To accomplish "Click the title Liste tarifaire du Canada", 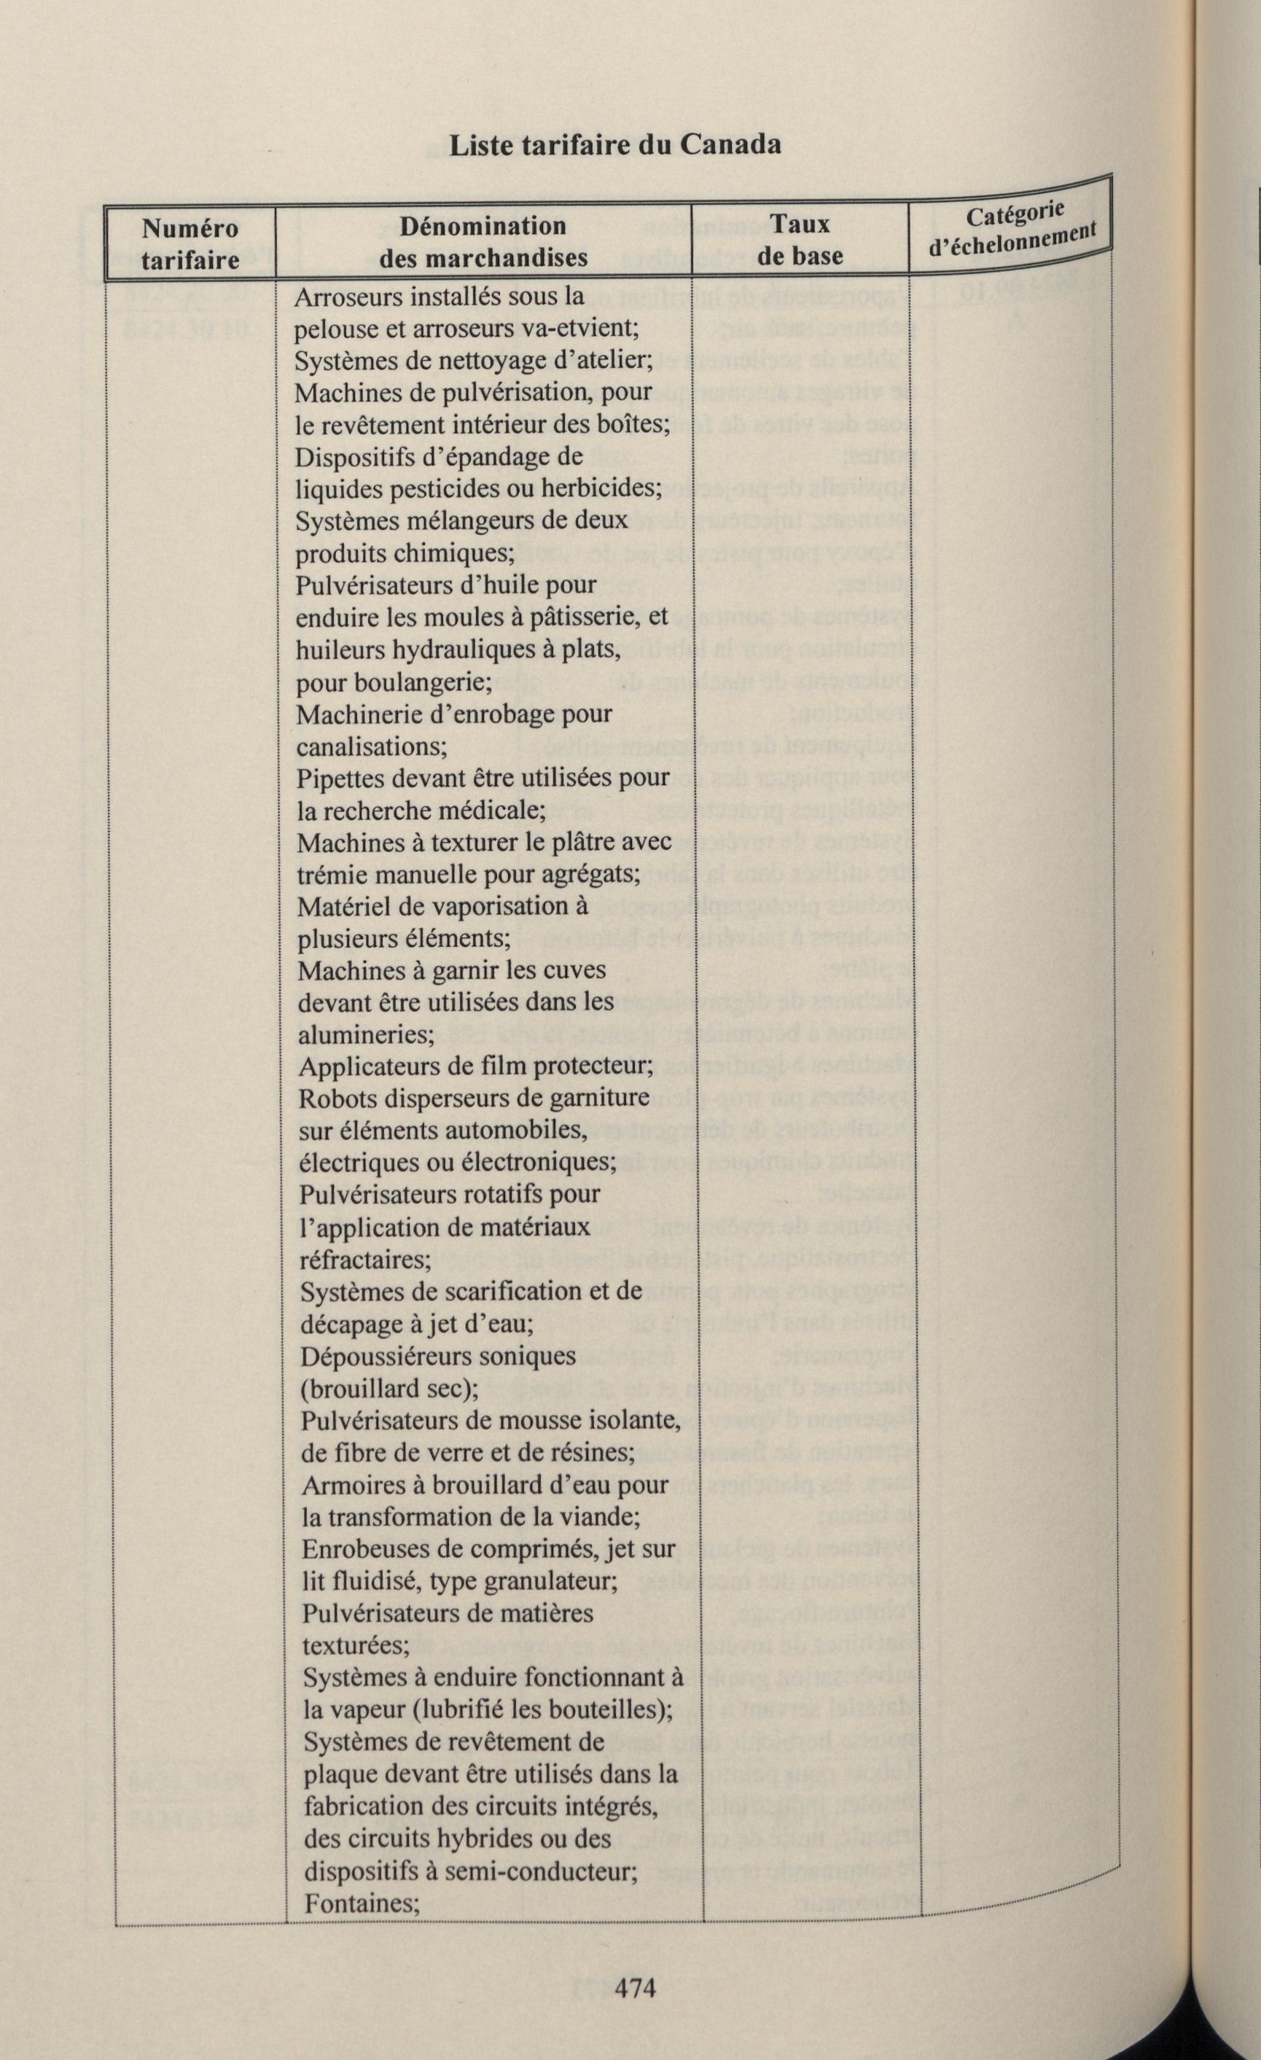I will [x=615, y=144].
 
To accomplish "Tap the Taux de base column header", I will [x=800, y=240].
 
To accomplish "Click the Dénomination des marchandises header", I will [x=483, y=241].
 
